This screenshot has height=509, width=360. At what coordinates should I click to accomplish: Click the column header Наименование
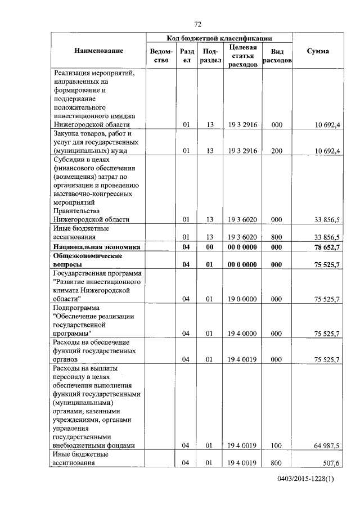pos(98,51)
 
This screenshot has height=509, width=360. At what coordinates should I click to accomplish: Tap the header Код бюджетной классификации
pos(219,38)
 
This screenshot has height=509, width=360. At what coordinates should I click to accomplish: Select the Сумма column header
pos(318,51)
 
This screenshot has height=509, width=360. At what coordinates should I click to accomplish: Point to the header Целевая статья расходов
pos(243,56)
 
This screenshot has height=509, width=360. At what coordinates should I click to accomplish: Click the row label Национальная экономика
pos(96,247)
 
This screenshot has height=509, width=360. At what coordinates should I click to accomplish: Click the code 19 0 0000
pos(243,299)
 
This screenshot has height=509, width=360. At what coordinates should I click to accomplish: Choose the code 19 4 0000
pos(243,334)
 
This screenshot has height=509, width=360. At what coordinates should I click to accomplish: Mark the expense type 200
pos(276,151)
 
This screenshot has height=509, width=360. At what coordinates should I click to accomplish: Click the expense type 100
pos(276,446)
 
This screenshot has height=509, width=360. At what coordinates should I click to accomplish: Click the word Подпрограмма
pos(75,308)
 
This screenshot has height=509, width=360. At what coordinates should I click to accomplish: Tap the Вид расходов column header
pos(277,56)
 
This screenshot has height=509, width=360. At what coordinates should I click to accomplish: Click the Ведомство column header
pos(160,56)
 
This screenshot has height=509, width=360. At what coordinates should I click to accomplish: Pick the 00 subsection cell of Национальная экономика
pos(209,247)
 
